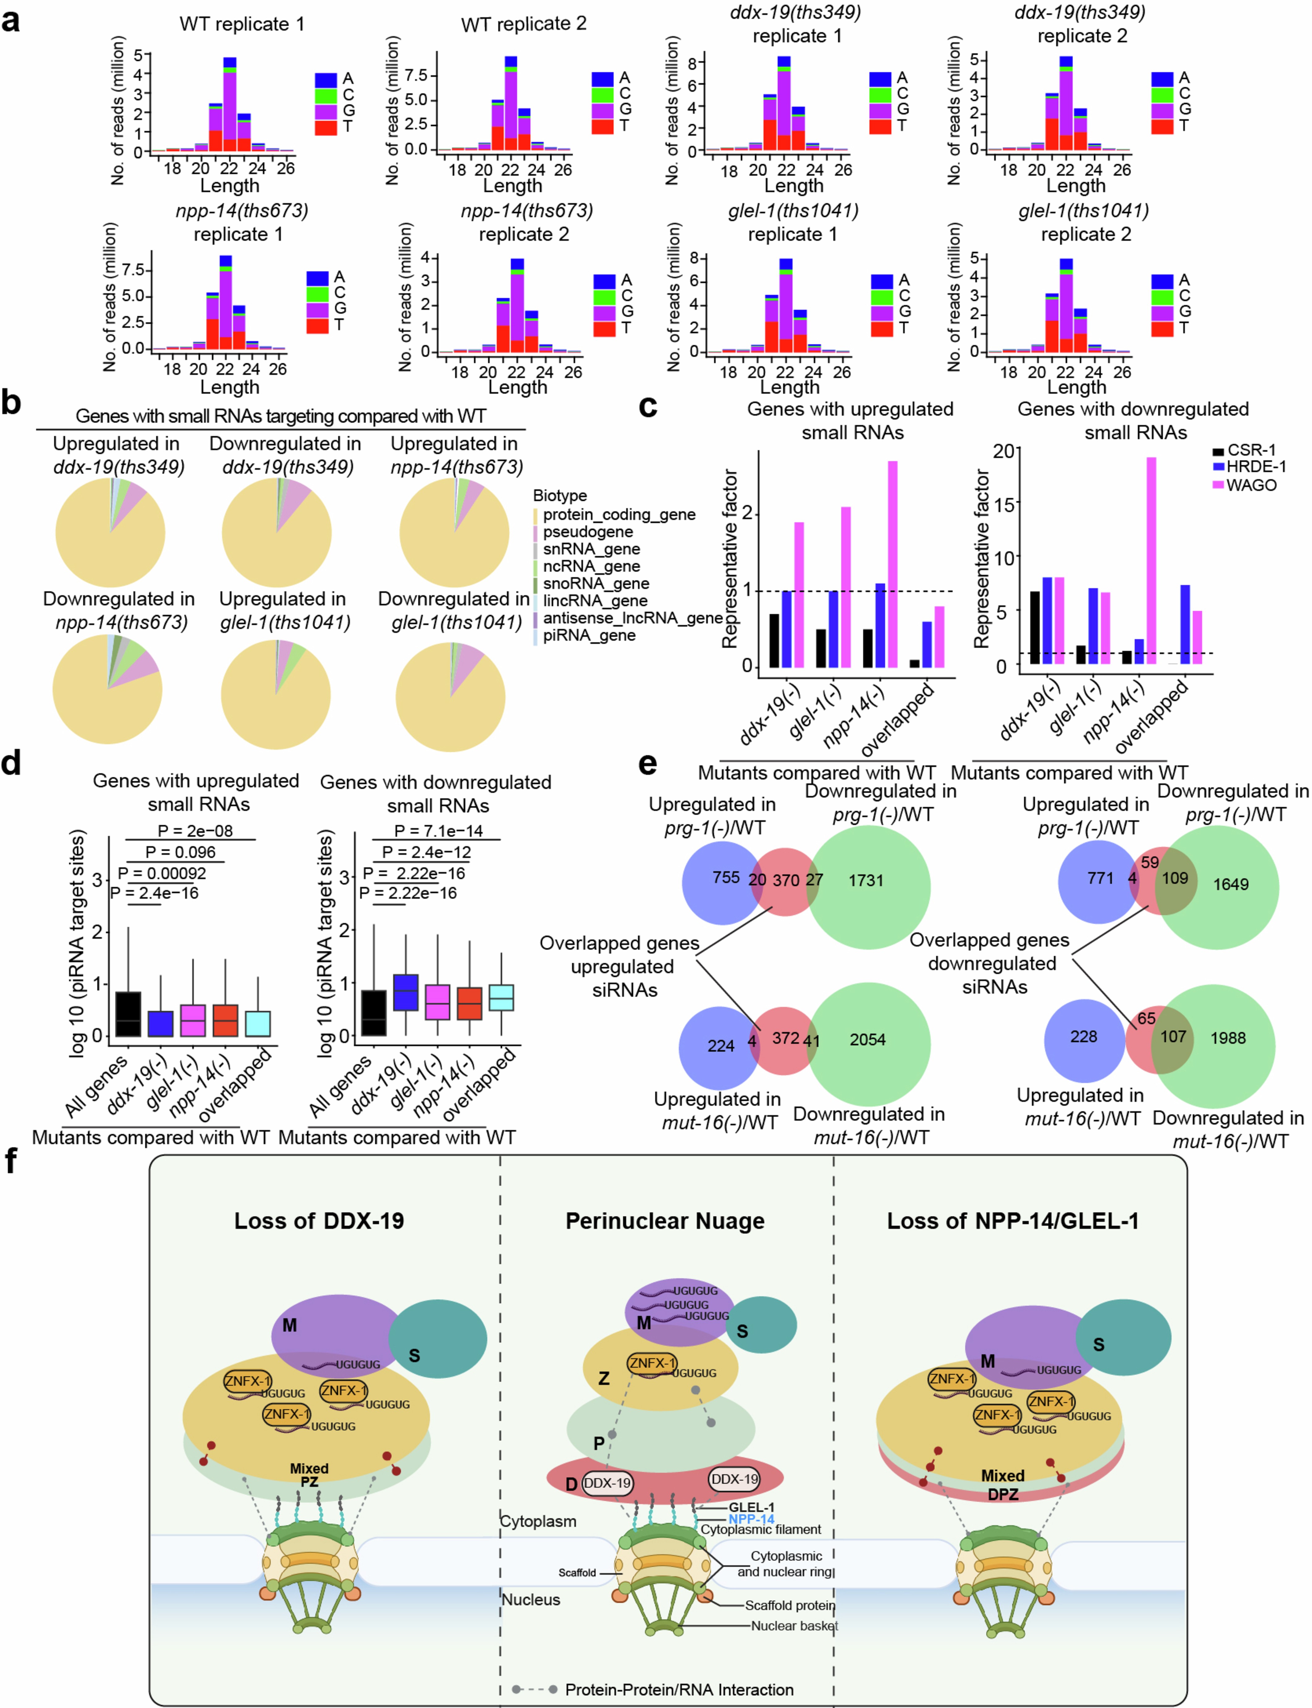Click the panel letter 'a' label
(11, 20)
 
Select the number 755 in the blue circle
(725, 877)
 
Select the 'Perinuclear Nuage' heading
(664, 1221)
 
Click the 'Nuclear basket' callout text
(793, 1626)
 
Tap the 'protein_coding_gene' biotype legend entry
(618, 514)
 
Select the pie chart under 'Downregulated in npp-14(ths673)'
(108, 689)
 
